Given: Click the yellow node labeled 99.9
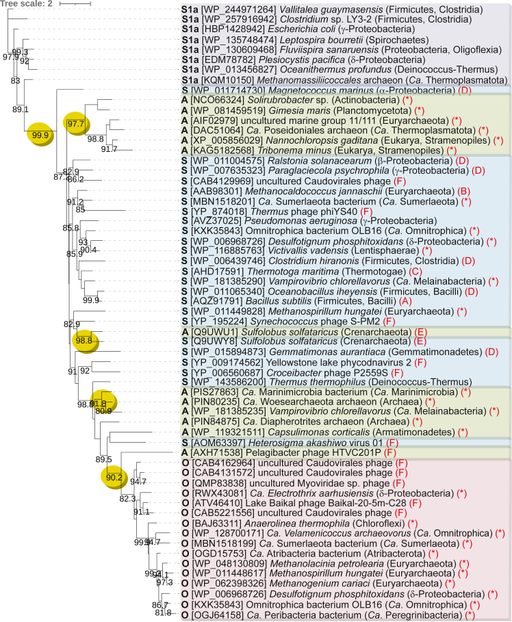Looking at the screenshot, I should point(39,135).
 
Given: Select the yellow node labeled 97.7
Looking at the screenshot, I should point(76,123).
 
